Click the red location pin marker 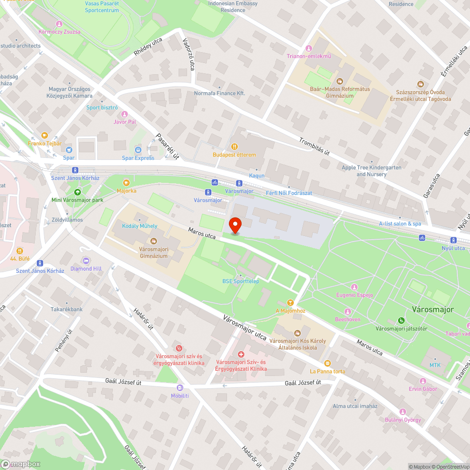(235, 225)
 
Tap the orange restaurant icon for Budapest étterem (234, 147)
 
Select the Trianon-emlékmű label (309, 56)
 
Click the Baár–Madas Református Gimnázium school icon (340, 81)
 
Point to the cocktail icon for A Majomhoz (290, 302)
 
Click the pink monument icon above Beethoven (348, 311)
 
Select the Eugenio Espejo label (354, 295)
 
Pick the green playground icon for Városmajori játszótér (401, 321)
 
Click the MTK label (435, 365)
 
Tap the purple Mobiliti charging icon (180, 387)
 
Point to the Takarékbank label (67, 309)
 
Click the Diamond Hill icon (86, 260)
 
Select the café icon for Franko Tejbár (45, 135)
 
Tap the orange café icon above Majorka (126, 182)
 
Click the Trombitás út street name (314, 146)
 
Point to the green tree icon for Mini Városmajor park (77, 192)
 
